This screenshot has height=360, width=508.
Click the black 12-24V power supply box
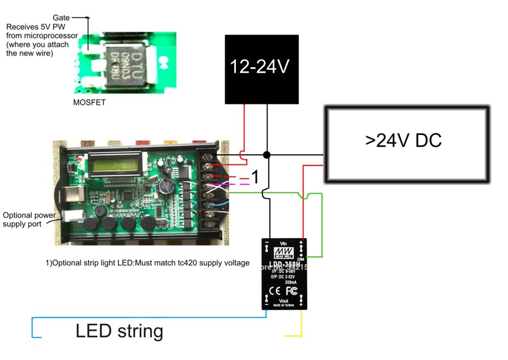coord(262,69)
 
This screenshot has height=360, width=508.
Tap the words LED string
coord(119,331)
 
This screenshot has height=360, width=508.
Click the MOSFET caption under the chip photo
coord(89,103)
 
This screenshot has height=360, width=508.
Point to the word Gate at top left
coord(61,18)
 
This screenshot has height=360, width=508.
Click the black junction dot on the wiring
coord(266,155)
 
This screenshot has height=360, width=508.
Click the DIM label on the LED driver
coord(301,259)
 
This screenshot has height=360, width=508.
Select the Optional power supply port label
coord(29,219)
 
